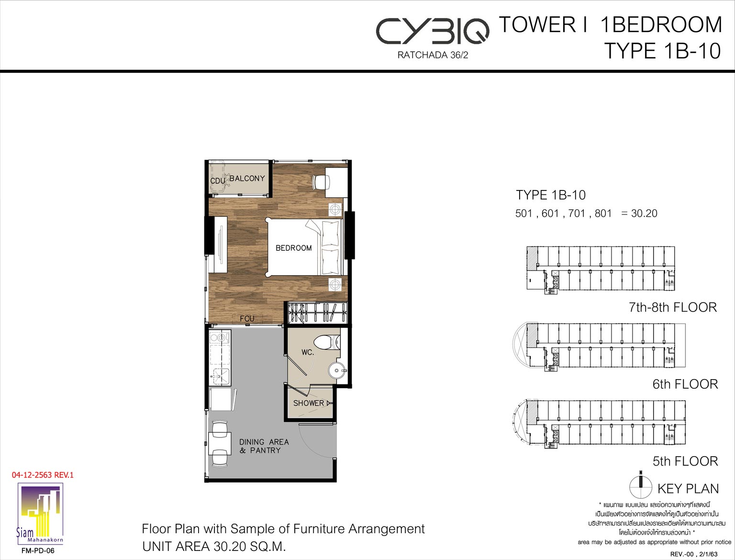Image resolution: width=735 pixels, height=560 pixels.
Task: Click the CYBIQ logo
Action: tap(432, 32)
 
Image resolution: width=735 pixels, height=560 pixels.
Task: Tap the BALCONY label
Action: tap(247, 179)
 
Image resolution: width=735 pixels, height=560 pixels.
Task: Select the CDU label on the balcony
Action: tap(218, 181)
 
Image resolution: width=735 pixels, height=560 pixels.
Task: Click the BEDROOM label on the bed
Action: tap(293, 248)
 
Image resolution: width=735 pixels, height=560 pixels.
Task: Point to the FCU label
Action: tap(247, 318)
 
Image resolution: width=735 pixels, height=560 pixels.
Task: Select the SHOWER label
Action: tap(308, 403)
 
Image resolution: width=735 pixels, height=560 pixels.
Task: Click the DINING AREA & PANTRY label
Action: tap(264, 446)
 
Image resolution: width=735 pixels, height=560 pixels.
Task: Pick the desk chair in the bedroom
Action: tap(319, 182)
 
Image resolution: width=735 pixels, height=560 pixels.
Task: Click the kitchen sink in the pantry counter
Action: tap(220, 377)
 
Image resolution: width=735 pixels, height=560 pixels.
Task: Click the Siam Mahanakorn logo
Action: tap(40, 515)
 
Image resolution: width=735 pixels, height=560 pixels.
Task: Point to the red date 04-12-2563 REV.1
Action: tap(43, 475)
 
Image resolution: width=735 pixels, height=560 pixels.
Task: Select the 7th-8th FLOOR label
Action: tap(672, 307)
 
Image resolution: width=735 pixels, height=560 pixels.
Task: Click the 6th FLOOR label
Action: tap(685, 384)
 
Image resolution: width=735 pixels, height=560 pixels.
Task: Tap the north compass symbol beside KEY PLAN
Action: tap(641, 487)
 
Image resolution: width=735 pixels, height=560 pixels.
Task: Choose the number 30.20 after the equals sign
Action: tap(644, 213)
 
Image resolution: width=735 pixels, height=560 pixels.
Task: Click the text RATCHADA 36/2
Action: tap(433, 55)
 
